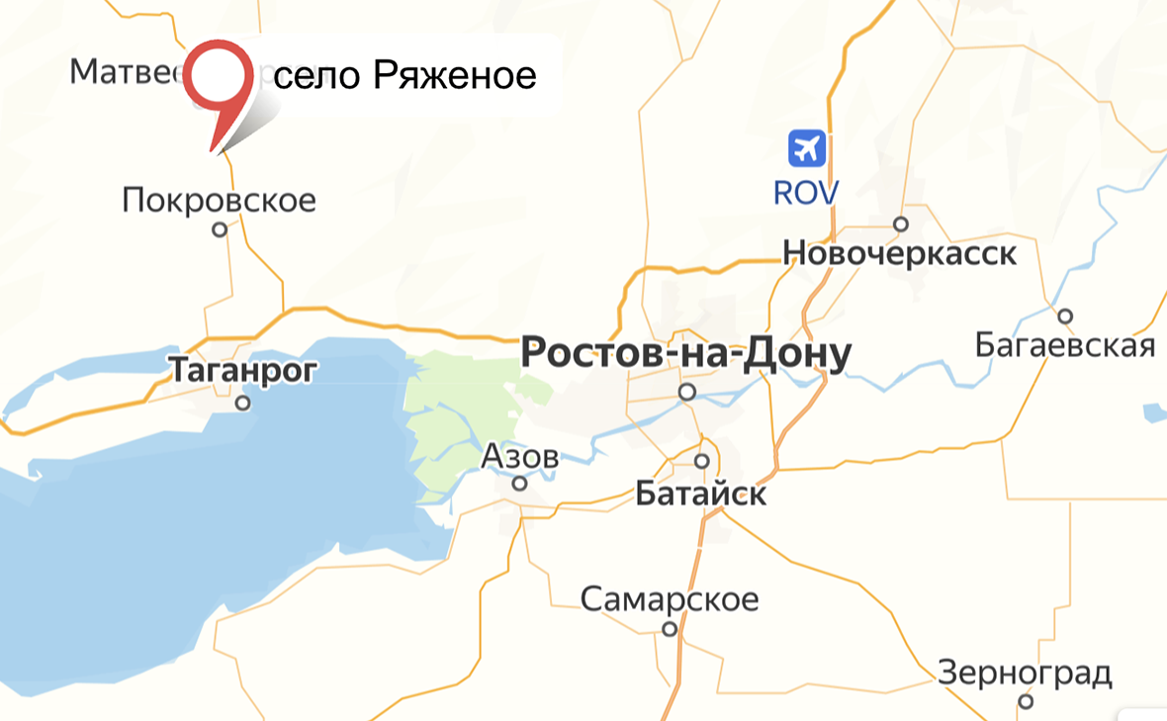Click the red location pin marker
(216, 84)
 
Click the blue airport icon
(807, 149)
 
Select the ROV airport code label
(806, 192)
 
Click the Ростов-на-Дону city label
(685, 354)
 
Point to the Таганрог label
(243, 370)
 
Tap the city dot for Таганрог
(242, 404)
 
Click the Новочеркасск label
(899, 253)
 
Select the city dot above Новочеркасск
(901, 224)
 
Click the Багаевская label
(1065, 345)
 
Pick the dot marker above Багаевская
(1065, 316)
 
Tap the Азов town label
(520, 457)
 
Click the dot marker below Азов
(519, 484)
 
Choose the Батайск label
(701, 493)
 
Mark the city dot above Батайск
(702, 461)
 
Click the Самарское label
(670, 599)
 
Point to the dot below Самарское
(670, 628)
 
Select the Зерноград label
(1025, 674)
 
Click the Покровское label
(220, 201)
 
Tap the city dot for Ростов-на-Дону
(687, 392)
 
